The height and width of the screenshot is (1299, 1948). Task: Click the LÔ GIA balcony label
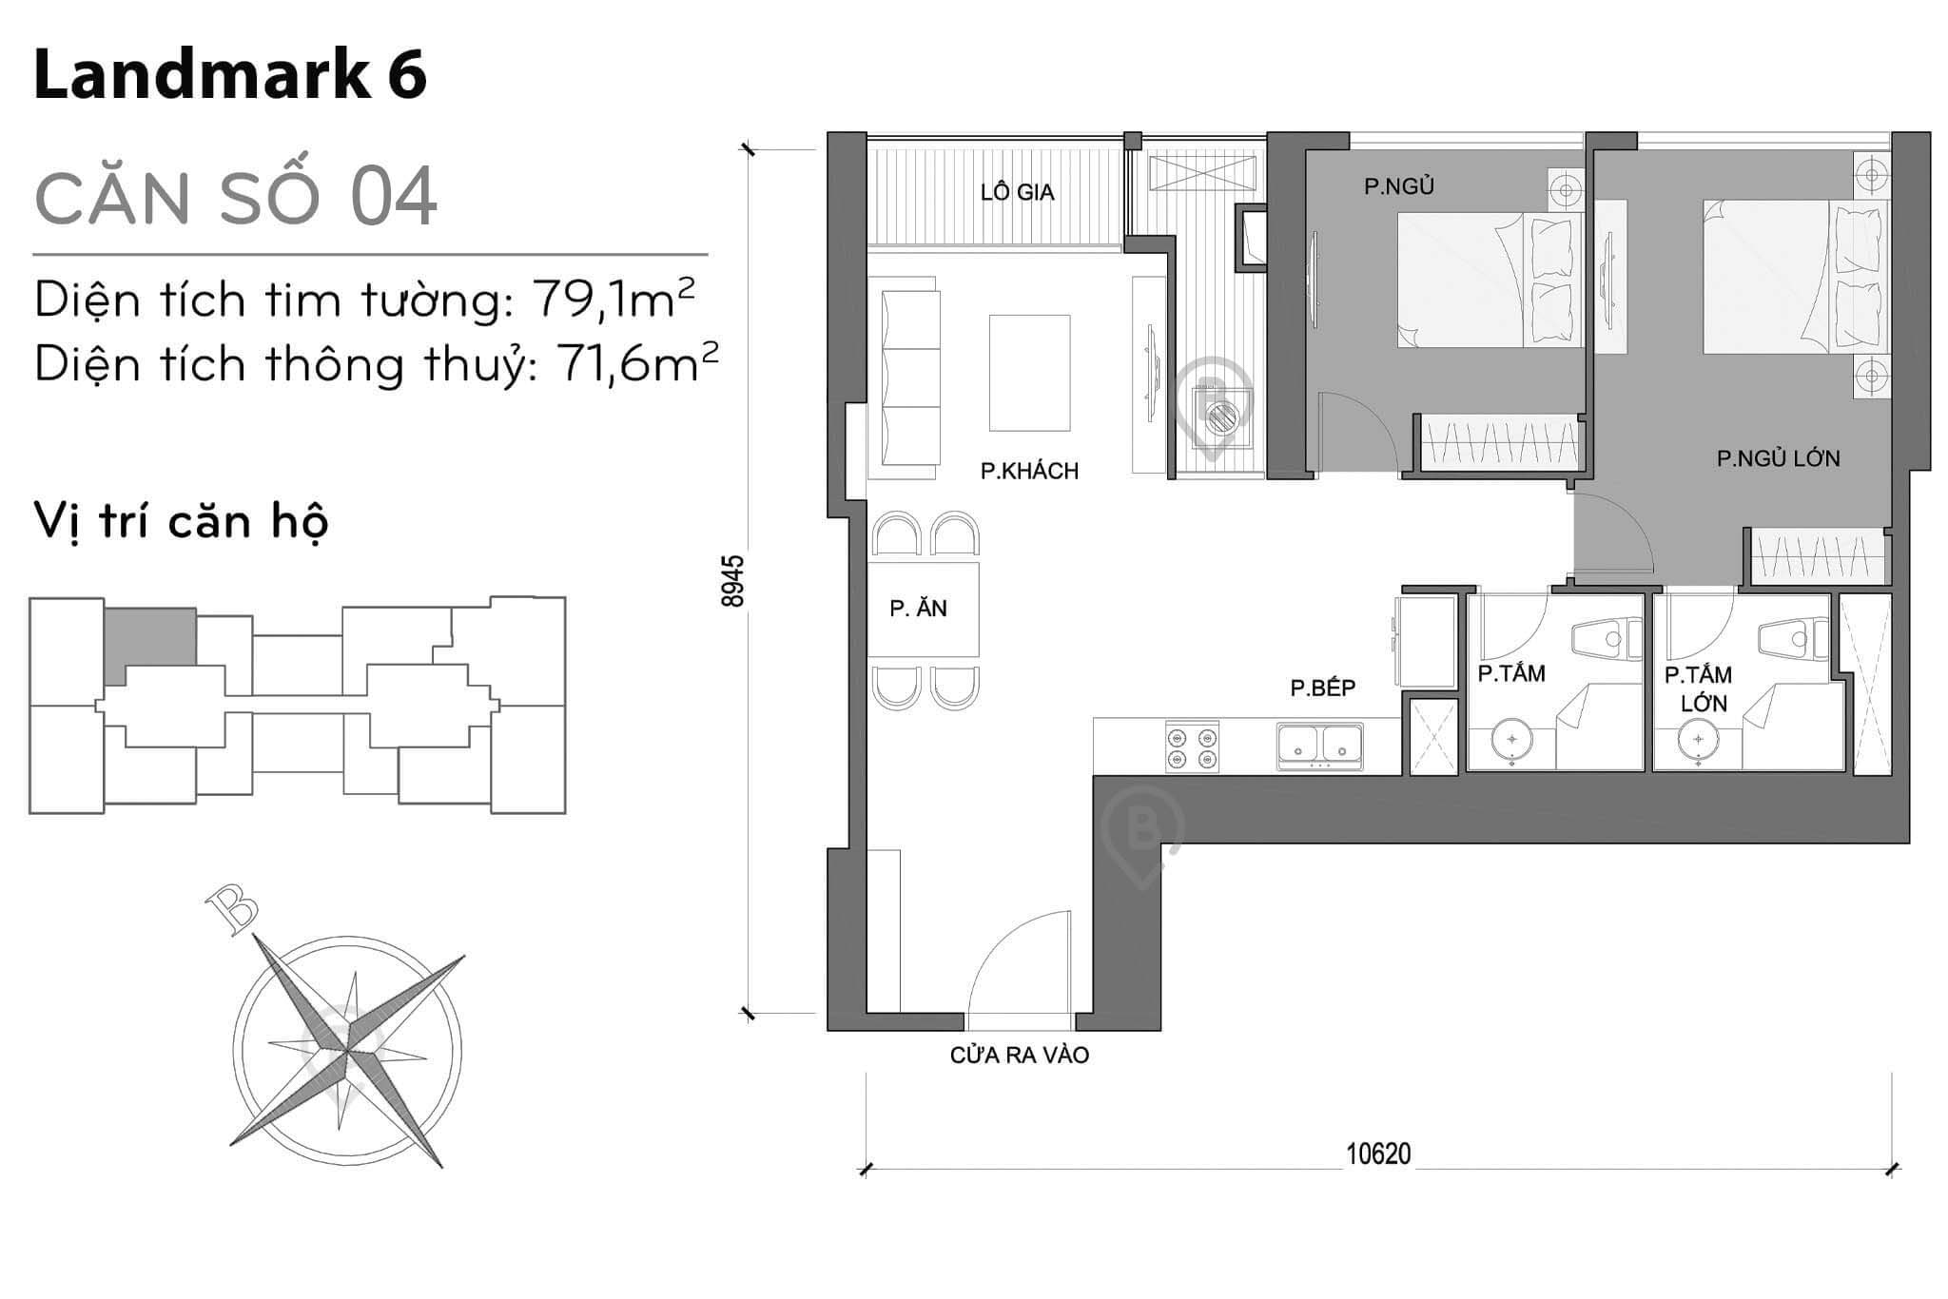point(1017,192)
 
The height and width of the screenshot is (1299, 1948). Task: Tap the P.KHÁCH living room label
point(1029,471)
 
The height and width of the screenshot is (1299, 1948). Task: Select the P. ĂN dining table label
point(918,609)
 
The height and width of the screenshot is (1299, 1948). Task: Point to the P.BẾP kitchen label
point(1322,688)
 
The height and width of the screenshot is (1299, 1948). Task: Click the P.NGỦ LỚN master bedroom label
point(1778,458)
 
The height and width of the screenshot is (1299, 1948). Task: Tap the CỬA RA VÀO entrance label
point(1019,1055)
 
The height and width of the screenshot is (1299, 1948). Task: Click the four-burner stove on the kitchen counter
point(1192,747)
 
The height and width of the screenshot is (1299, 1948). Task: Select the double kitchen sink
point(1319,745)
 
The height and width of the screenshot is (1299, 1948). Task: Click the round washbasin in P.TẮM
point(1511,739)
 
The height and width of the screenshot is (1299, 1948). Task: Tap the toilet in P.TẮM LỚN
point(1793,640)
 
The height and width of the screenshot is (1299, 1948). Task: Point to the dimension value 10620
point(1377,1154)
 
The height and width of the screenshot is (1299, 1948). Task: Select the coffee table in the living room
point(1029,373)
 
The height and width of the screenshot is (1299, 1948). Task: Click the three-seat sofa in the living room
point(910,378)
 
